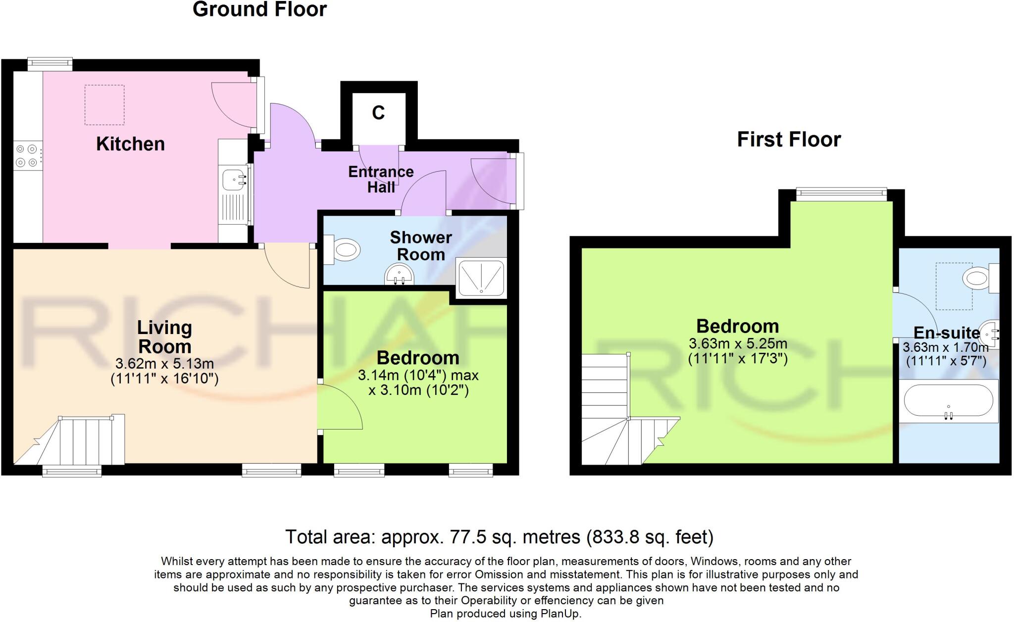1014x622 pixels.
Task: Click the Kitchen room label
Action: [130, 144]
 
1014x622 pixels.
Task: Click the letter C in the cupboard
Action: [378, 113]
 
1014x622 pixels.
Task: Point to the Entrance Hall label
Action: [381, 179]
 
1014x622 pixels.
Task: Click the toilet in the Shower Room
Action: [345, 250]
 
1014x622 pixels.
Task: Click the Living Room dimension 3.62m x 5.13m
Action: [164, 364]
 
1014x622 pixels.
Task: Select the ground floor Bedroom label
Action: [418, 358]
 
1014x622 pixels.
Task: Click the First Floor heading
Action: [789, 140]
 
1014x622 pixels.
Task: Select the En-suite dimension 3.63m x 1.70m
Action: [946, 347]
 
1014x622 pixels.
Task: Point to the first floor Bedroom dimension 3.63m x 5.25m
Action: [738, 343]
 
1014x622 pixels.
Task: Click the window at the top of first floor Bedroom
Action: [841, 194]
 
